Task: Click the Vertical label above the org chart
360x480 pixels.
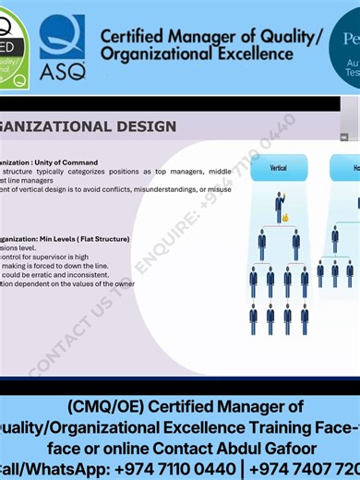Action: click(278, 169)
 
